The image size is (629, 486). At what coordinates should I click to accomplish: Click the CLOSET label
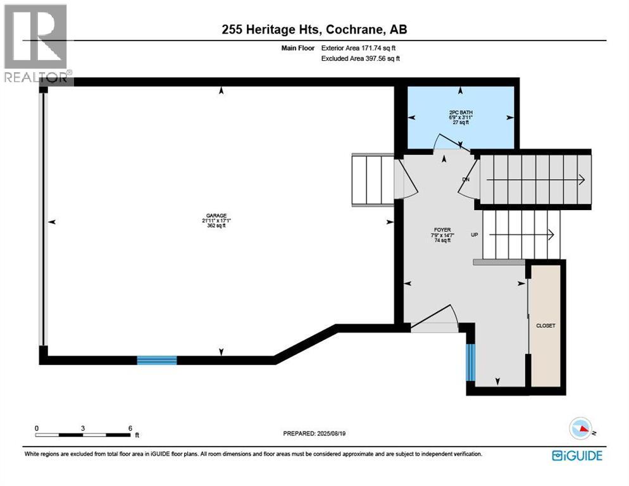pos(545,325)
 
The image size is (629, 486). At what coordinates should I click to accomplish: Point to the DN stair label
pos(466,179)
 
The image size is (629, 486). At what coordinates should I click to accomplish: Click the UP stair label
pos(474,235)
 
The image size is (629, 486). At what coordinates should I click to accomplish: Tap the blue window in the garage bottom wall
pos(157,360)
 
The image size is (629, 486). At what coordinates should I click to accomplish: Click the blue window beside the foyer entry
pos(470,363)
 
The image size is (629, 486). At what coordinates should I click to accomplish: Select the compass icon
pos(583,428)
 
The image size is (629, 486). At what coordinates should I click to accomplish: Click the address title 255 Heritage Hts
pos(314,30)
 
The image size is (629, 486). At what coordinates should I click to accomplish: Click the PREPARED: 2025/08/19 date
pos(314,433)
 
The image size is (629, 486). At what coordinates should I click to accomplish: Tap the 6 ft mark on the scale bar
pos(130,428)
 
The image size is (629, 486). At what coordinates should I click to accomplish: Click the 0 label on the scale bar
pos(37,428)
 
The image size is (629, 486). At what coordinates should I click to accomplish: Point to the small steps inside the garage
pos(373,180)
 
